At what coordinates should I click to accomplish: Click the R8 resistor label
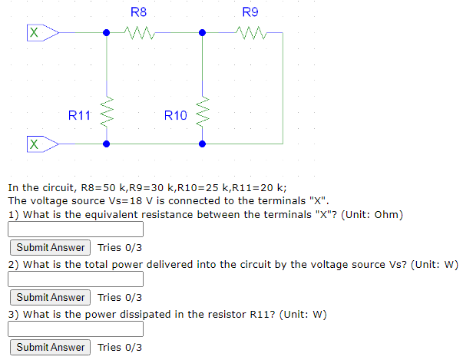pyautogui.click(x=138, y=12)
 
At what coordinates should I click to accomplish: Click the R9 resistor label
pyautogui.click(x=250, y=12)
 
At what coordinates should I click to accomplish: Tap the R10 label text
pyautogui.click(x=175, y=116)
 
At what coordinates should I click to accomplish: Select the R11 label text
pyautogui.click(x=79, y=116)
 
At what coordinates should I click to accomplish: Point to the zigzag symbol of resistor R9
pyautogui.click(x=252, y=33)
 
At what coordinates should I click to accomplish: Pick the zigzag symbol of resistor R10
pyautogui.click(x=203, y=114)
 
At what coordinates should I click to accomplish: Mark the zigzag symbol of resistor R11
pyautogui.click(x=107, y=114)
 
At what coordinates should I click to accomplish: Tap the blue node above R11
pyautogui.click(x=107, y=33)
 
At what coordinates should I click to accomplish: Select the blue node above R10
pyautogui.click(x=203, y=33)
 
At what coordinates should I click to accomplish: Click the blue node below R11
pyautogui.click(x=107, y=144)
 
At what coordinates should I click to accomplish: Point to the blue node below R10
pyautogui.click(x=203, y=144)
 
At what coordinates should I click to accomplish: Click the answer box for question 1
pyautogui.click(x=76, y=230)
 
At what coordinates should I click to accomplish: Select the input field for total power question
pyautogui.click(x=76, y=279)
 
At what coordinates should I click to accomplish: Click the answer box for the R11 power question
pyautogui.click(x=76, y=329)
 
